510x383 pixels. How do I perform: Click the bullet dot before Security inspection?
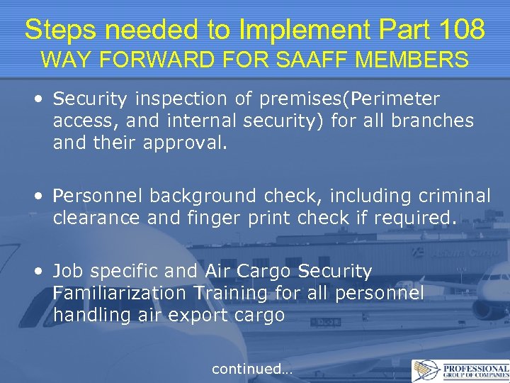pyautogui.click(x=44, y=99)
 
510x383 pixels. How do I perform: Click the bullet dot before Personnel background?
pyautogui.click(x=44, y=195)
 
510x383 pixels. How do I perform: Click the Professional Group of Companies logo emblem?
pyautogui.click(x=426, y=370)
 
